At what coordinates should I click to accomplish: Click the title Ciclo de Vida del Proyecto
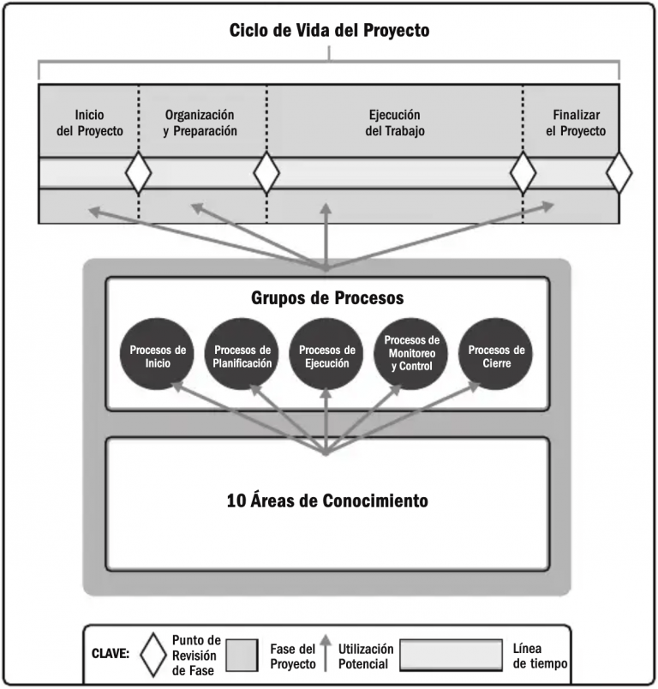(x=329, y=30)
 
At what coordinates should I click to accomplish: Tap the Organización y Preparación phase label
(x=200, y=123)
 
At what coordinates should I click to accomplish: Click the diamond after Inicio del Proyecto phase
(x=139, y=173)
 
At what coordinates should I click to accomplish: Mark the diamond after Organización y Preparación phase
(x=266, y=173)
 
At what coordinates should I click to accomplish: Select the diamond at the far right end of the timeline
(x=619, y=173)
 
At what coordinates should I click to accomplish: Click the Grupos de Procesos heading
(x=327, y=298)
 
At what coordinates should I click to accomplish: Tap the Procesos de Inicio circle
(x=158, y=355)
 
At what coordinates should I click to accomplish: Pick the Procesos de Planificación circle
(x=242, y=355)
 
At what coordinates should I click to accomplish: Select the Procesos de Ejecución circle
(x=326, y=355)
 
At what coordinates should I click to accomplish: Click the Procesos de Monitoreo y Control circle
(x=410, y=355)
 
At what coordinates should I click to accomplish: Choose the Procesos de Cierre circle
(x=495, y=355)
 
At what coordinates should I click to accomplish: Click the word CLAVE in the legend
(x=111, y=653)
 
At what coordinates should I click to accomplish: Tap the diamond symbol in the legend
(x=154, y=653)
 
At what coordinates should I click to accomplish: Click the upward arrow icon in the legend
(x=326, y=652)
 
